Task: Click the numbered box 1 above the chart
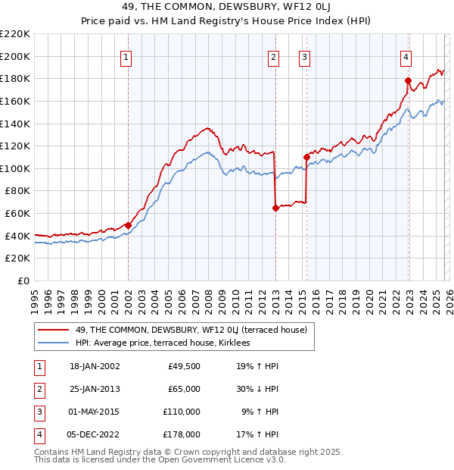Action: (126, 56)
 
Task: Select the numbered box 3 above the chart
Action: (304, 56)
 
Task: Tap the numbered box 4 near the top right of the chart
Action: (406, 56)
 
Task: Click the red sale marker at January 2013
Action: (275, 208)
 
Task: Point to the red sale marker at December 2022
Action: (408, 80)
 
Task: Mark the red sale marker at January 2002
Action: (128, 225)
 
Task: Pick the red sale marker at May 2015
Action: (306, 157)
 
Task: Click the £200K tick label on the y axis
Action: (15, 56)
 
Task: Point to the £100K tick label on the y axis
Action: (15, 168)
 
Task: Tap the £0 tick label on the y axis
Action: (23, 280)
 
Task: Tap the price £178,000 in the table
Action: (183, 434)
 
